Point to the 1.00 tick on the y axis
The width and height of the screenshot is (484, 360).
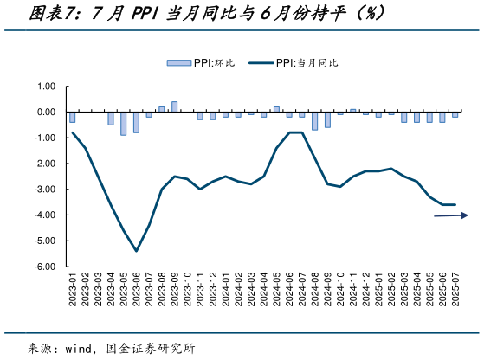(x=46, y=87)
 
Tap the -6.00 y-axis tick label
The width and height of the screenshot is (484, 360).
(x=44, y=267)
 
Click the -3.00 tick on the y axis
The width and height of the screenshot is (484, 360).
(x=44, y=190)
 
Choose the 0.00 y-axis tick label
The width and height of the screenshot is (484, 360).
(x=46, y=112)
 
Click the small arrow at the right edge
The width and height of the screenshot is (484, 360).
(x=452, y=215)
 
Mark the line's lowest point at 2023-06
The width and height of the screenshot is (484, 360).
(x=136, y=251)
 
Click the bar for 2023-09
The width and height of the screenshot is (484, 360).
(x=174, y=106)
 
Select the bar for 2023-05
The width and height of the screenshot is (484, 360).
(x=123, y=124)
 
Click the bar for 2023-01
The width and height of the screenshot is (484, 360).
(x=72, y=118)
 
